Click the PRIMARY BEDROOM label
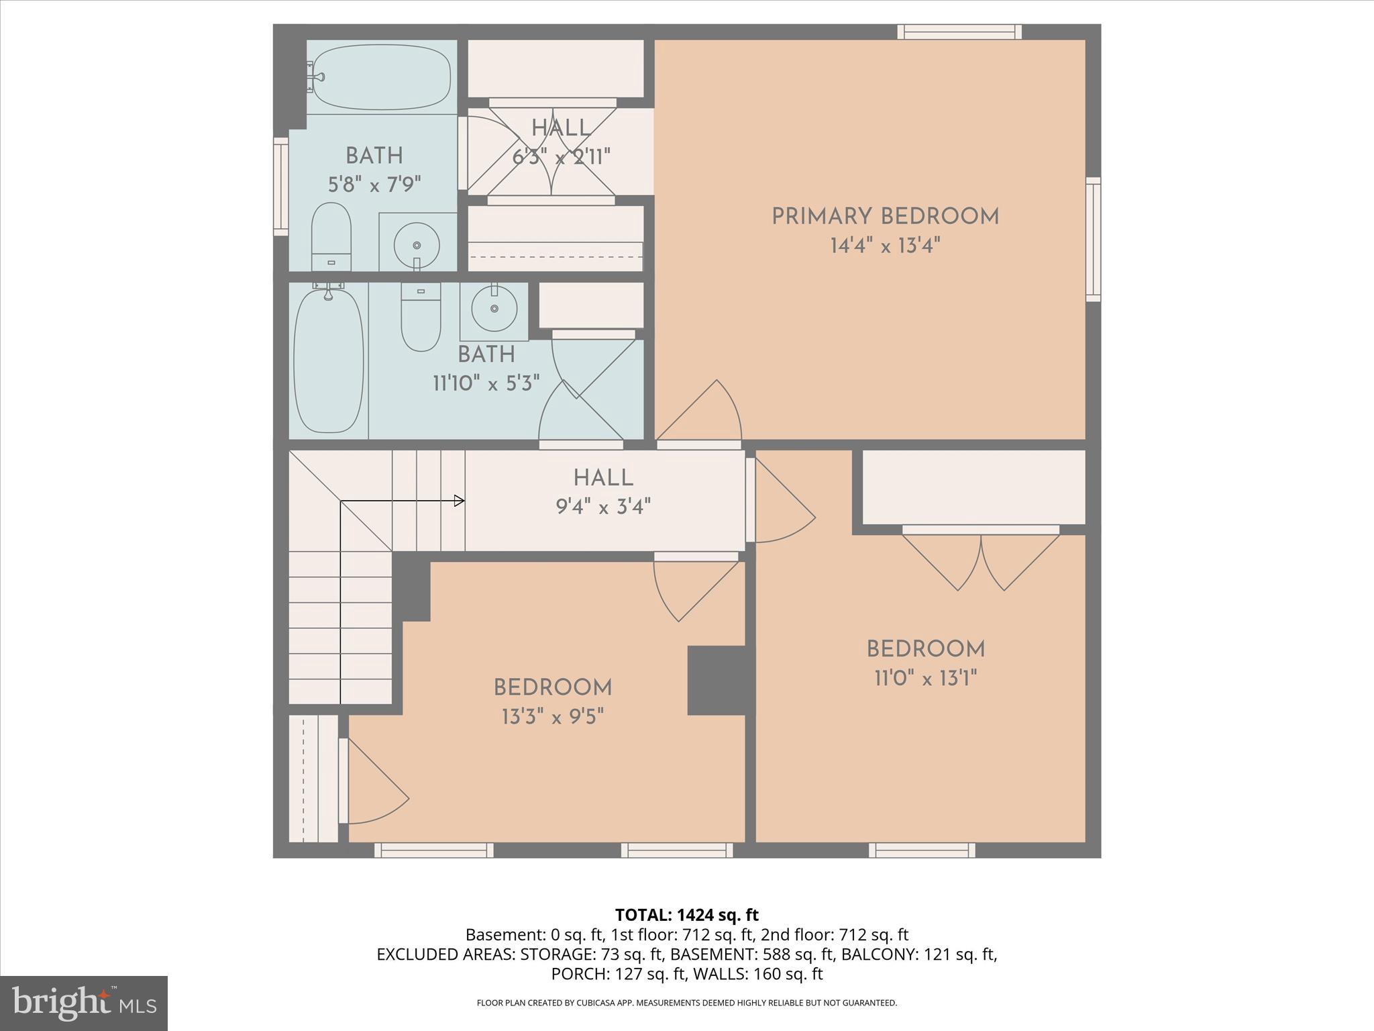click(885, 217)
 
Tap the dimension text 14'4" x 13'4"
click(885, 246)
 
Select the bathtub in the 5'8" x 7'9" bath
click(382, 77)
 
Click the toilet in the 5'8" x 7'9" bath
click(331, 236)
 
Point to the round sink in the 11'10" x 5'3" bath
click(494, 309)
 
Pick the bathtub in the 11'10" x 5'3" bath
click(329, 361)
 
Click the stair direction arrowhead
click(460, 501)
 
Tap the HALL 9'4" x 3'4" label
click(603, 491)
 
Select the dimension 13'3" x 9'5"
click(553, 718)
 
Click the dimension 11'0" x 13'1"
click(925, 679)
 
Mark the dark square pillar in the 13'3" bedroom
click(717, 681)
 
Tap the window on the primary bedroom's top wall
click(959, 32)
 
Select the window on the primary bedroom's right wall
click(1093, 240)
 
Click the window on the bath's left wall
click(280, 187)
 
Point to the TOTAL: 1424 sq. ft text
click(686, 915)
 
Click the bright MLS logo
click(84, 1003)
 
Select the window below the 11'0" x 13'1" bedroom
click(922, 850)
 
